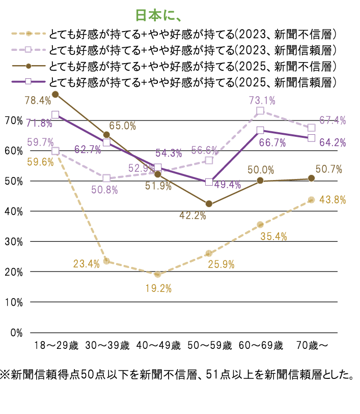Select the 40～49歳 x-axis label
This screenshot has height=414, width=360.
click(158, 346)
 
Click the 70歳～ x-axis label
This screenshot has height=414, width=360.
click(312, 346)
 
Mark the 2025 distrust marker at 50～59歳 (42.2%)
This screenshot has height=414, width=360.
click(209, 204)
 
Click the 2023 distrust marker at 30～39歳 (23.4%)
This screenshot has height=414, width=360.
click(106, 261)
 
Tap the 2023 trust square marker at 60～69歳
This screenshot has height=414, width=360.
click(260, 111)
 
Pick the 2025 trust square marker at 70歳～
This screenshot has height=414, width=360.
click(312, 138)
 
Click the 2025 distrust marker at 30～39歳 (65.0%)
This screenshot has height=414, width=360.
click(106, 135)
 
